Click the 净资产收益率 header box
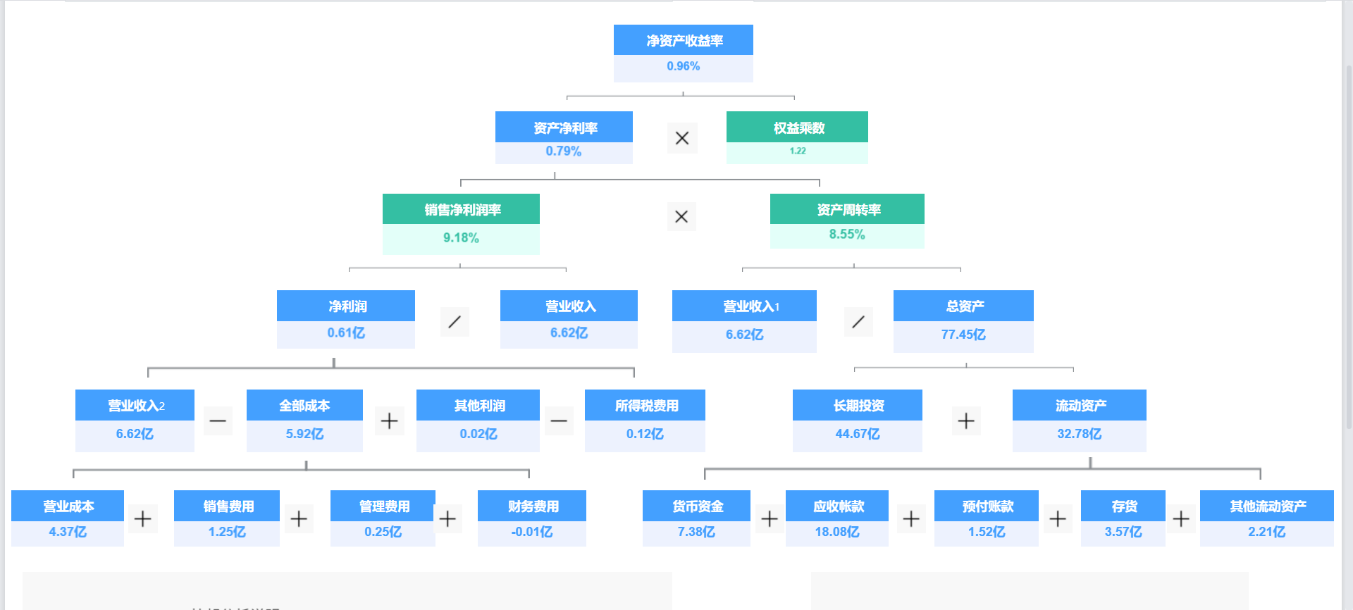(684, 40)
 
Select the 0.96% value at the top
(684, 66)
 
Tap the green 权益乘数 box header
(798, 127)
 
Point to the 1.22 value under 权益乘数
(798, 151)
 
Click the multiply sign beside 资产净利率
(682, 138)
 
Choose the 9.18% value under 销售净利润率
(461, 238)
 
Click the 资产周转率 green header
(848, 209)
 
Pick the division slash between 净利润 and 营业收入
(455, 322)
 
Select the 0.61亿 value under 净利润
(346, 333)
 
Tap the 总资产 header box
(964, 306)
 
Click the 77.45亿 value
(963, 335)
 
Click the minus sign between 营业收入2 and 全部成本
(218, 421)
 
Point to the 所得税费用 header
(645, 406)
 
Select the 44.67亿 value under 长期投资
(858, 434)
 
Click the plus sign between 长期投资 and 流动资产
(966, 421)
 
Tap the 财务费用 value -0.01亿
(532, 532)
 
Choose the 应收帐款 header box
(837, 506)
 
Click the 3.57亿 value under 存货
(1123, 532)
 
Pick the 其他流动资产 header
(1267, 506)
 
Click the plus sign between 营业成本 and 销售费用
(143, 519)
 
